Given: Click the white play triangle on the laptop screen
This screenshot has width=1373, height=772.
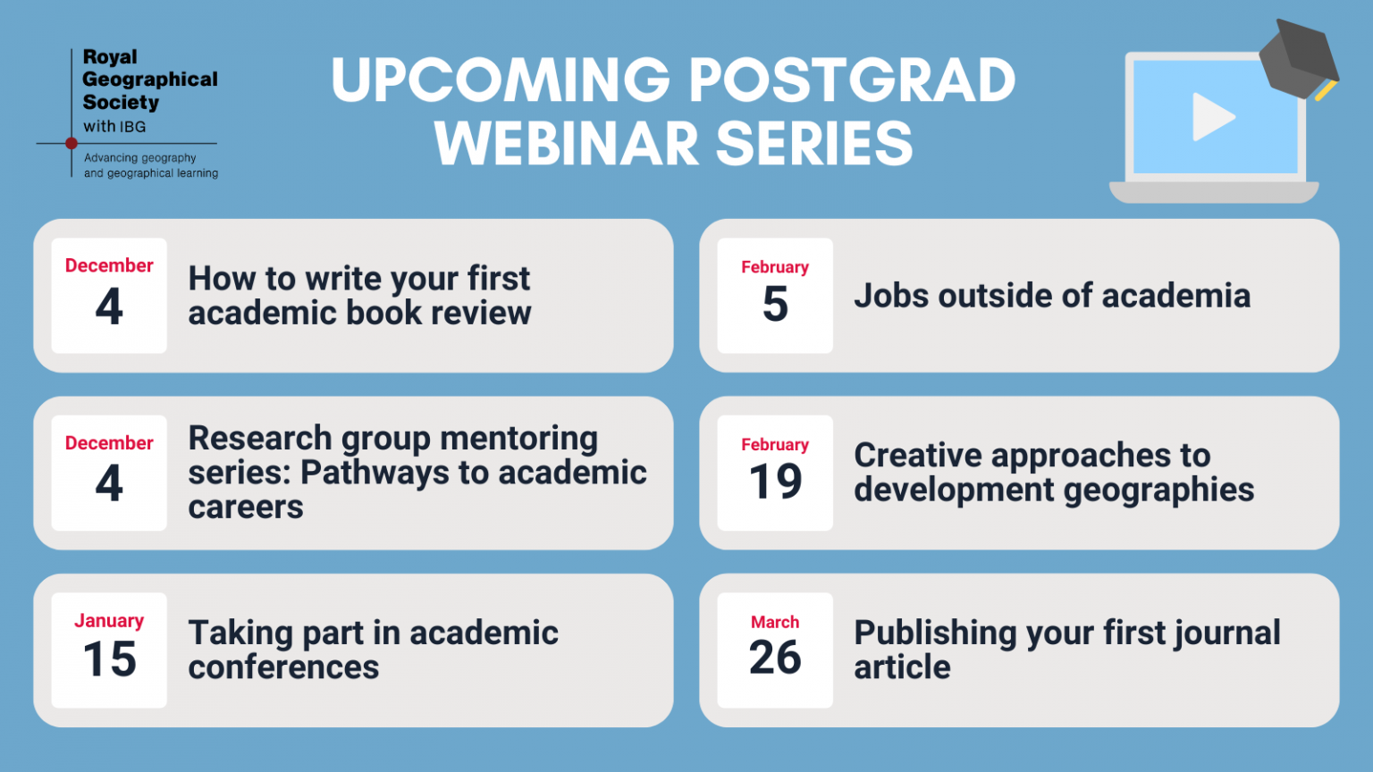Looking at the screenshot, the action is pyautogui.click(x=1210, y=116).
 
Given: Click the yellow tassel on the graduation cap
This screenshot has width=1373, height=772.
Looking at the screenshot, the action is pyautogui.click(x=1327, y=90).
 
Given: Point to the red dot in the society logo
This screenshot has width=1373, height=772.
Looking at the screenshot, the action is pyautogui.click(x=72, y=143).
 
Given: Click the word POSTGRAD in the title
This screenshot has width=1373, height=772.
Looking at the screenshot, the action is pyautogui.click(x=852, y=80).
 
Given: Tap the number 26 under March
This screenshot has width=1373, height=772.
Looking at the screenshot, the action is pyautogui.click(x=775, y=658).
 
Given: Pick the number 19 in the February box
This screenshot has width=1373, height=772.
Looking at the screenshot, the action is pyautogui.click(x=775, y=482).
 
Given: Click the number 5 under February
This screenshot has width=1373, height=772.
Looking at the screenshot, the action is pyautogui.click(x=775, y=304).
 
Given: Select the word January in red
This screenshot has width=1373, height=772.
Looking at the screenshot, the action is pyautogui.click(x=109, y=621).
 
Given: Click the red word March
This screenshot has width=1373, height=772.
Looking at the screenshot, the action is pyautogui.click(x=775, y=622).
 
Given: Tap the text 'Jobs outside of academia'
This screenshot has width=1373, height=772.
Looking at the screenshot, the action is pyautogui.click(x=1052, y=296).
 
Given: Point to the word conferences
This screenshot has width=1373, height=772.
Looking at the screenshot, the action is pyautogui.click(x=283, y=667).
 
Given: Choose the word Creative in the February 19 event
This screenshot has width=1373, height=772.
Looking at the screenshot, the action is pyautogui.click(x=917, y=455).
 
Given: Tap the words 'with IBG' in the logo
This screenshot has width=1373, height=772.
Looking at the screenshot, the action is pyautogui.click(x=114, y=127).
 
